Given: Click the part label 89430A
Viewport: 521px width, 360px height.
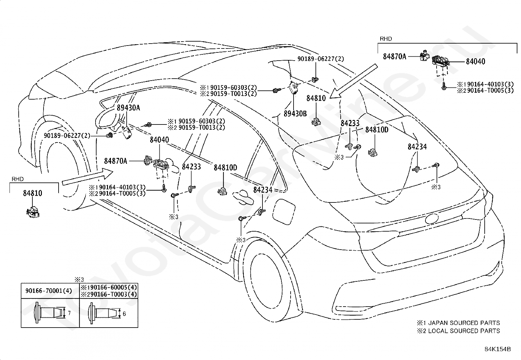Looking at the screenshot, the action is click(x=128, y=108).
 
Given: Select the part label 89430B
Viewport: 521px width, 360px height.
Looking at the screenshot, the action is click(x=295, y=114).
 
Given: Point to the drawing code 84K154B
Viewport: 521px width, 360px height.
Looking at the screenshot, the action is click(x=498, y=349).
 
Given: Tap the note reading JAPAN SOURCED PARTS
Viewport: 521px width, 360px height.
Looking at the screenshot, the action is click(x=464, y=323).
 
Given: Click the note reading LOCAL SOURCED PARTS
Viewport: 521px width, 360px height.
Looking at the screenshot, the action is click(x=464, y=331).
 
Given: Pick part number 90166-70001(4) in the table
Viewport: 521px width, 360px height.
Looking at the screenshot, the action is click(x=49, y=291).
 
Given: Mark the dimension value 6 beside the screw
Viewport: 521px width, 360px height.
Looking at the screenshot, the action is click(x=124, y=314).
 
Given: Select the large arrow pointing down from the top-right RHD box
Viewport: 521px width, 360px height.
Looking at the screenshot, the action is click(x=353, y=82).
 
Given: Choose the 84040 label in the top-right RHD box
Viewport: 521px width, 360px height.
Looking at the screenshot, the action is click(x=476, y=62).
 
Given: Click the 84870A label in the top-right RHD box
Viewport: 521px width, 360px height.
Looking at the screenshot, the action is click(x=394, y=57).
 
